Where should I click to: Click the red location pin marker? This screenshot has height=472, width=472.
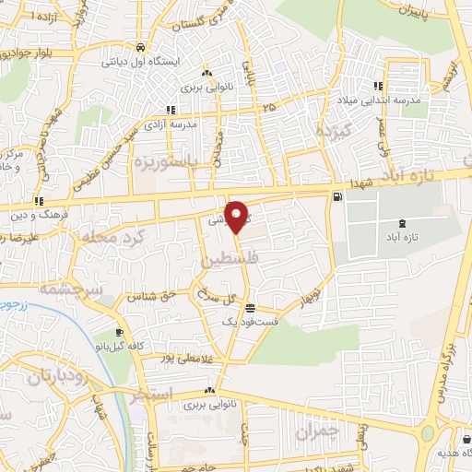click(x=237, y=217)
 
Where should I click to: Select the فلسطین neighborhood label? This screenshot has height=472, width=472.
click(x=227, y=263)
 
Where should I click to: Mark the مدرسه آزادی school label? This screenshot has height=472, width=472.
click(x=171, y=123)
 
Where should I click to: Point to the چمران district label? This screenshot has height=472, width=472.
click(x=319, y=431)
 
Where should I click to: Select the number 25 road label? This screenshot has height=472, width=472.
click(x=268, y=109)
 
